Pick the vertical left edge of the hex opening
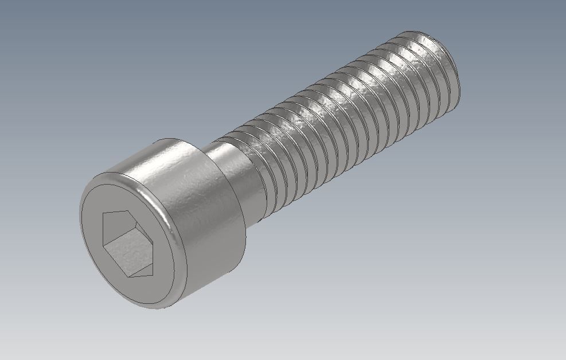click(x=103, y=235)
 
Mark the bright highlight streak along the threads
click(x=344, y=92)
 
